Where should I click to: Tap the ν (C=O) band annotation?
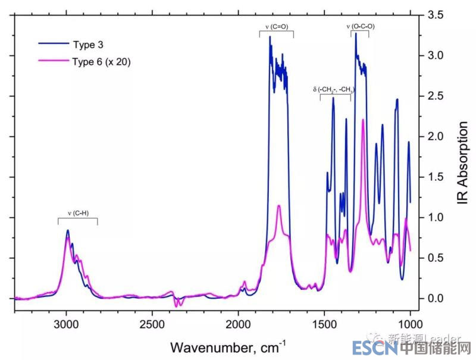276,26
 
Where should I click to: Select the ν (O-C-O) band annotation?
360,26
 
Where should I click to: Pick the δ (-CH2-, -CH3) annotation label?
334,90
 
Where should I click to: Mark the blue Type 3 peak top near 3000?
68,230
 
